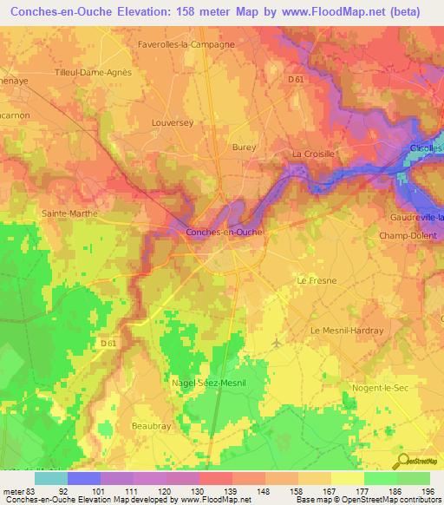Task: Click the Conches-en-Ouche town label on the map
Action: (225, 233)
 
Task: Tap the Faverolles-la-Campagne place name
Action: (186, 43)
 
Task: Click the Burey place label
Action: (245, 148)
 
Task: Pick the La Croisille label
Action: (313, 154)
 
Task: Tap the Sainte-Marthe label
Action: (69, 213)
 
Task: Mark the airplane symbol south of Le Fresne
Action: (277, 344)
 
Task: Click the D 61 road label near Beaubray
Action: (108, 344)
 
